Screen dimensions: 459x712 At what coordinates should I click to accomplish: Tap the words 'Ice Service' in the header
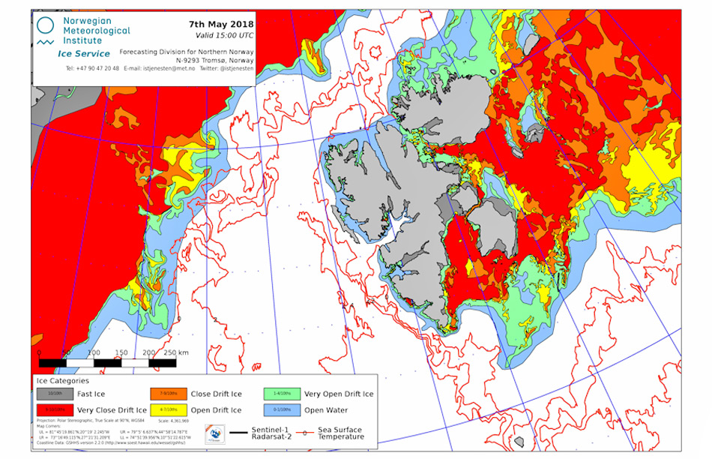coord(83,53)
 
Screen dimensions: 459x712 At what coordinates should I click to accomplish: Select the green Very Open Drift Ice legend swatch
coord(283,393)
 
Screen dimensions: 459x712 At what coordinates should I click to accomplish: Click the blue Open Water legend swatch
coord(283,409)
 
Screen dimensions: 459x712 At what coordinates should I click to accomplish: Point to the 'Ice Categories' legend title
coord(62,380)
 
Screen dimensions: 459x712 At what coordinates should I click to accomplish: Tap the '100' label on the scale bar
coord(94,352)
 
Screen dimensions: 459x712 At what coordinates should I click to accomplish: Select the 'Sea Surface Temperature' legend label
coord(341,433)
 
